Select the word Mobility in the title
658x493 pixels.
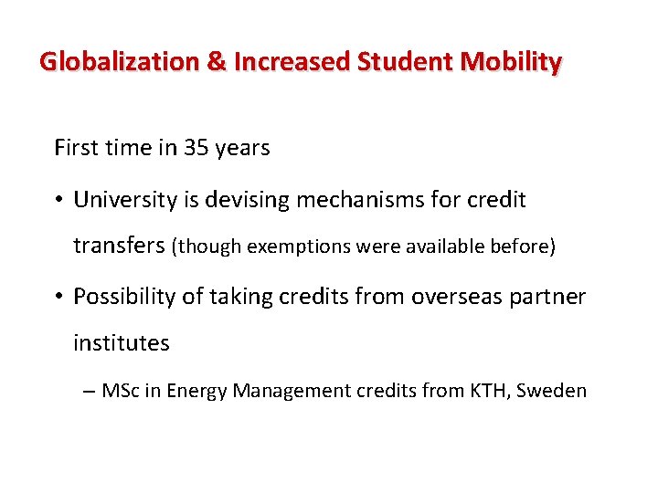[512, 62]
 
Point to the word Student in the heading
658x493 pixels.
[407, 62]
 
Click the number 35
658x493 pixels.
[196, 148]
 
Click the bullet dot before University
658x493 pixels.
[60, 200]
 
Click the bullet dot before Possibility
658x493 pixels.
[60, 296]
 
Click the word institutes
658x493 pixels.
[122, 343]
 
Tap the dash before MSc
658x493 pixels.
[88, 391]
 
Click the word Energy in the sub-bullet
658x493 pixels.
[195, 391]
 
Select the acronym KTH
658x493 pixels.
[492, 391]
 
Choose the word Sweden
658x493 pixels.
[552, 391]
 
